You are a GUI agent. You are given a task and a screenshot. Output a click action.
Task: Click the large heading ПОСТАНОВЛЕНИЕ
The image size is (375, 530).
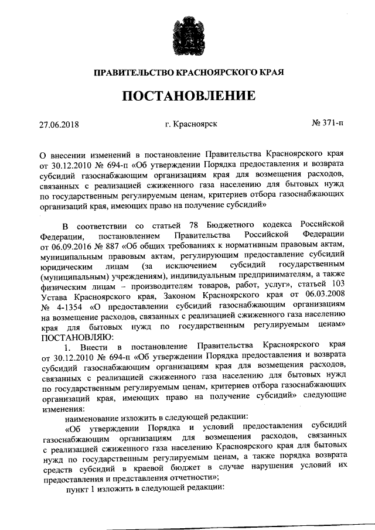pyautogui.click(x=188, y=95)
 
